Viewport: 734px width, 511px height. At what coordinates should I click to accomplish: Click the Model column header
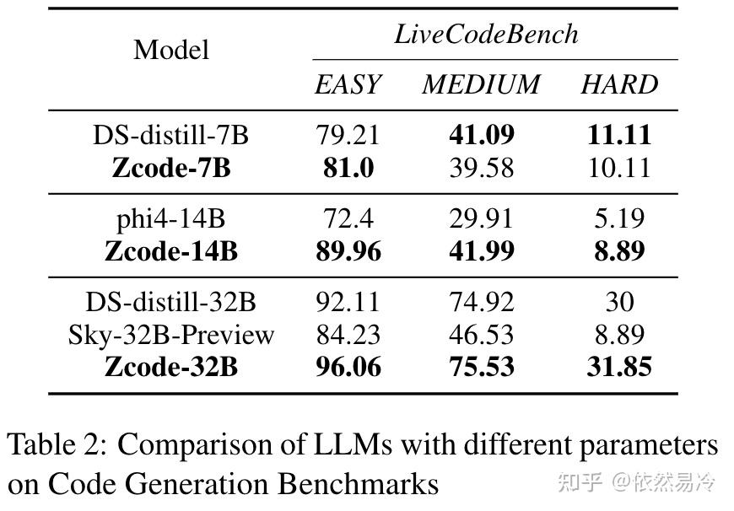(x=171, y=50)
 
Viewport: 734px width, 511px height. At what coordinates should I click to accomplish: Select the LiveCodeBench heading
(x=486, y=34)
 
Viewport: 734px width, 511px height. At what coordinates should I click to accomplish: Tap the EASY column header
(x=348, y=84)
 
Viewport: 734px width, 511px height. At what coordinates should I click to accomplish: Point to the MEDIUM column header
(x=480, y=84)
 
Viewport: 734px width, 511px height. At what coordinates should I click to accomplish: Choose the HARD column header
(x=618, y=84)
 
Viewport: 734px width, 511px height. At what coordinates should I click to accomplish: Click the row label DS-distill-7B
(x=170, y=135)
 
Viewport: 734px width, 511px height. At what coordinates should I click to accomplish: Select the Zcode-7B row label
(x=170, y=168)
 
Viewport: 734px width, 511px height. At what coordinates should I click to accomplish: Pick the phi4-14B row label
(x=170, y=218)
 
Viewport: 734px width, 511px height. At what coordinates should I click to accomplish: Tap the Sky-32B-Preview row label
(x=170, y=335)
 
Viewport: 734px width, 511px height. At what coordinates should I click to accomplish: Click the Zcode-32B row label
(x=170, y=368)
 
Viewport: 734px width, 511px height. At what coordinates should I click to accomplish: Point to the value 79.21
(x=348, y=135)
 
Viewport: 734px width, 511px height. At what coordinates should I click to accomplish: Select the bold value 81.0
(x=348, y=168)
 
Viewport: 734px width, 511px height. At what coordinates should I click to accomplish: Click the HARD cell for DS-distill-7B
(x=618, y=135)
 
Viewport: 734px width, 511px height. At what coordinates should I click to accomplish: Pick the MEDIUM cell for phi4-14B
(x=480, y=218)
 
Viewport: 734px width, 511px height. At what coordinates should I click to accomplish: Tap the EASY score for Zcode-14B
(x=348, y=251)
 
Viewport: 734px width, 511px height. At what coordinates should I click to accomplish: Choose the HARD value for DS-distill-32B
(x=618, y=302)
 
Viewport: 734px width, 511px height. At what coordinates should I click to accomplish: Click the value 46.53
(x=480, y=335)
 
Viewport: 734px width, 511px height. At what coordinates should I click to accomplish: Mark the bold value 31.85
(x=618, y=368)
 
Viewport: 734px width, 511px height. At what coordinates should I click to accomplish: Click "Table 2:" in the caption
(x=57, y=444)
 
